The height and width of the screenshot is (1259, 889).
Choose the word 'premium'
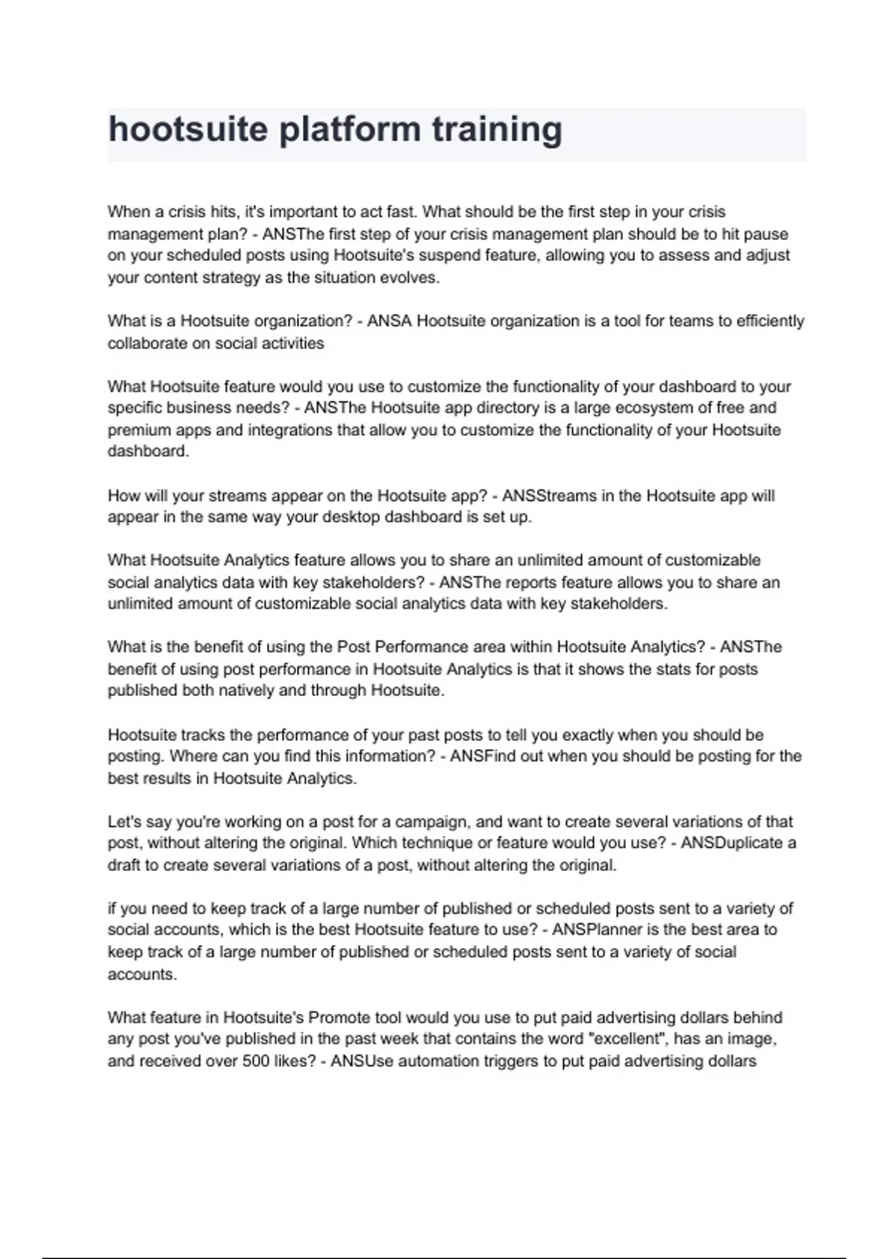click(x=139, y=430)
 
